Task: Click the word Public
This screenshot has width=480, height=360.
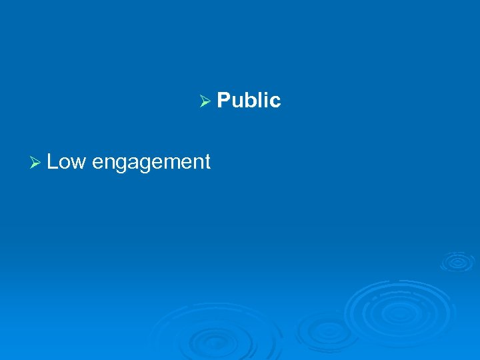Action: pos(249,101)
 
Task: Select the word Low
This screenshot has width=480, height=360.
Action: pos(66,161)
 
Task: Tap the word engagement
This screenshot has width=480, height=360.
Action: pos(151,163)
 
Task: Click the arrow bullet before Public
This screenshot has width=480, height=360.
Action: pos(205,101)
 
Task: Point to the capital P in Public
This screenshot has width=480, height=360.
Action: pos(223,101)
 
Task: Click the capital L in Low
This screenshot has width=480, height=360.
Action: pos(53,161)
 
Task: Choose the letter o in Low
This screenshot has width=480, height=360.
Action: pos(65,163)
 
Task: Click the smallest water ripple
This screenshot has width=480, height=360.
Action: pos(457,261)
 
